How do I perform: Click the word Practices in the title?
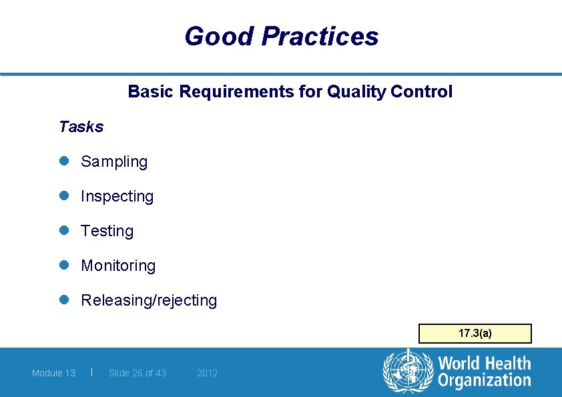pos(320,36)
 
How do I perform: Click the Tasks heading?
pos(81,127)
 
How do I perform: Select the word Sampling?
pos(114,161)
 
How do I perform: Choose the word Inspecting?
pos(117,196)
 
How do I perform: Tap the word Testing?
pos(107,231)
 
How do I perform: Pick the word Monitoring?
pos(118,266)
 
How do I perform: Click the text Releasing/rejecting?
pos(149,300)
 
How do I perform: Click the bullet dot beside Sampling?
pos(64,161)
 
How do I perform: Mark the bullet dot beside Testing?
pos(64,231)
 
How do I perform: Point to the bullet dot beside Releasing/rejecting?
pos(64,300)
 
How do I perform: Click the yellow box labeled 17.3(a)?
pos(475,333)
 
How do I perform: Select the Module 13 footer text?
pos(53,373)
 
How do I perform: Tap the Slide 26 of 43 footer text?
pos(137,373)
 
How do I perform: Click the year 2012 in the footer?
pos(207,373)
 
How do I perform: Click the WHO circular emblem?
pos(408,371)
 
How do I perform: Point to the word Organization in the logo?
pos(484,380)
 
